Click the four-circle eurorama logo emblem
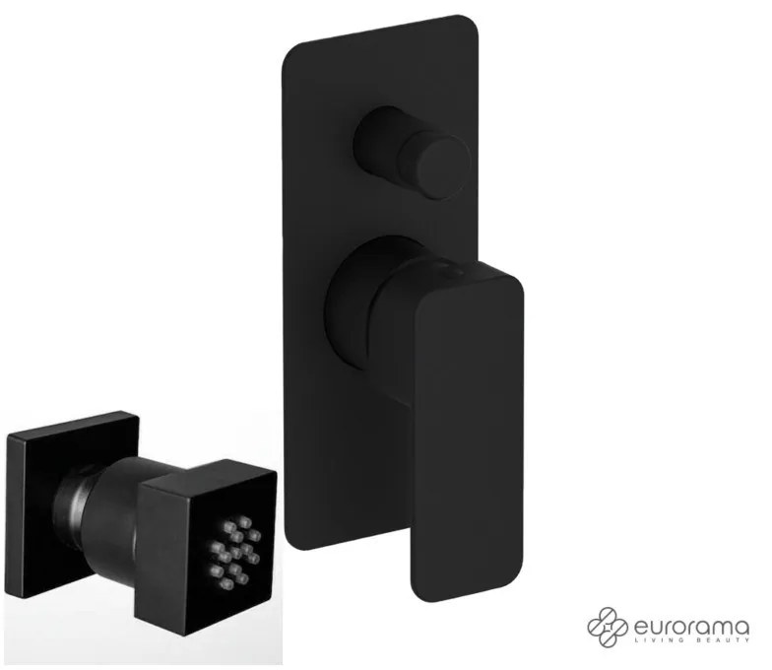click(x=608, y=627)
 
